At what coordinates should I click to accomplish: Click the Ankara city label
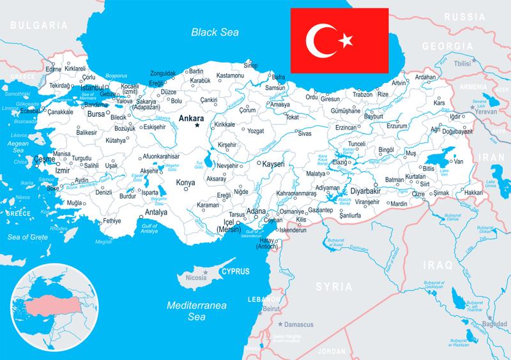(192, 118)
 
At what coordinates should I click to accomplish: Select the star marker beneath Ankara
(197, 125)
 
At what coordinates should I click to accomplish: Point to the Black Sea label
(213, 30)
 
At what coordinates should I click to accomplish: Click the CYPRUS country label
(234, 271)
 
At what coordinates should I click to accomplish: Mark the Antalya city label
(156, 213)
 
